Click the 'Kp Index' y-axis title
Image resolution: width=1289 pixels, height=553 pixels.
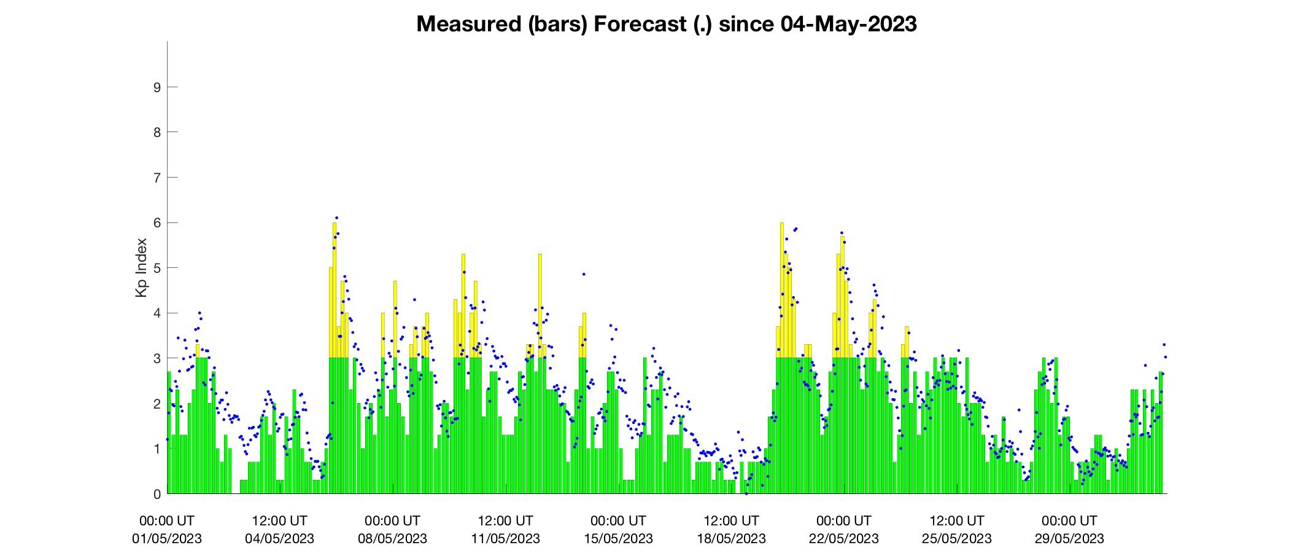[142, 268]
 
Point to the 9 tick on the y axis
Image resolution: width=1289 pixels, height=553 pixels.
[157, 87]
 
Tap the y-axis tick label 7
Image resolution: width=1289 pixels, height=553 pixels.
[157, 178]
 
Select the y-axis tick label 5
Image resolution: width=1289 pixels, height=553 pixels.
[157, 268]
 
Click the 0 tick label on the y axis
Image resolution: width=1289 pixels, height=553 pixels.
[157, 494]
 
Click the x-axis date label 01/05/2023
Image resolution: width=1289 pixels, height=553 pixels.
[167, 539]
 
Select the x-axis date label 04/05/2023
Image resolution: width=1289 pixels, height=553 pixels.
[279, 539]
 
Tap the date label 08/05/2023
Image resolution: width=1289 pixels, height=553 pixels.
[392, 539]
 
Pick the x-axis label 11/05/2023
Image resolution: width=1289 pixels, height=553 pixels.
[505, 539]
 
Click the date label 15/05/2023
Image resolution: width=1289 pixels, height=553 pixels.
[618, 539]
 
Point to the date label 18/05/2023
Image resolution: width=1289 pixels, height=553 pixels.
[731, 539]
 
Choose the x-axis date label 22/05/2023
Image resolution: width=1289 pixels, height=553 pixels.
[844, 539]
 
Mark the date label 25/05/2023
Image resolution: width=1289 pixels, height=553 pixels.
[957, 539]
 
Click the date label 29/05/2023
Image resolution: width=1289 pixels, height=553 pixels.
[1069, 539]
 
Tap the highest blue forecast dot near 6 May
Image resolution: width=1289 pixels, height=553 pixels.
[336, 218]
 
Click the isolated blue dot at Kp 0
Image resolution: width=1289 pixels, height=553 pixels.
[746, 493]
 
